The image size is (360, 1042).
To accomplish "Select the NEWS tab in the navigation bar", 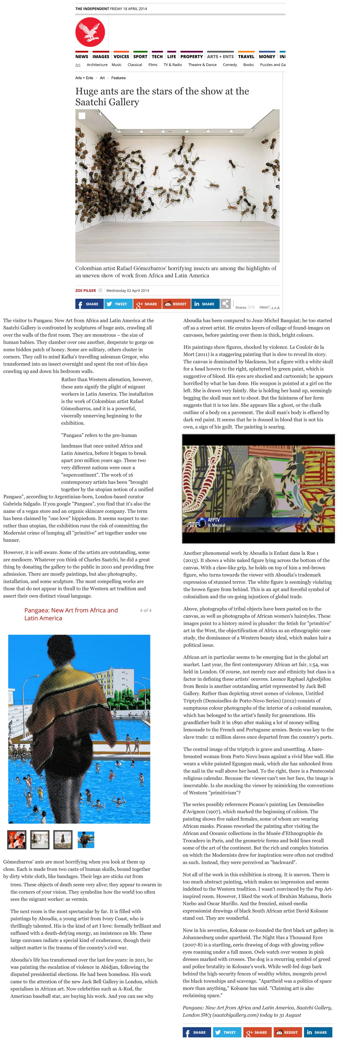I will [x=82, y=57].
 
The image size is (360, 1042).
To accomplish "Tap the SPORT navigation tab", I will [x=140, y=57].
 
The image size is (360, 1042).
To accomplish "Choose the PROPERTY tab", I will [x=191, y=57].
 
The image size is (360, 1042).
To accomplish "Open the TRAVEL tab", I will [x=246, y=57].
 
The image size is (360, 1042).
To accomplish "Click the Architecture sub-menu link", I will [x=97, y=65].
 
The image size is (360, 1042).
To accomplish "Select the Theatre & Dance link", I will [x=202, y=65].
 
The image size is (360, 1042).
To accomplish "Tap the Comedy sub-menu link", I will [x=230, y=65].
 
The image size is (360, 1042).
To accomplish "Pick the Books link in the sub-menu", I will [x=248, y=65].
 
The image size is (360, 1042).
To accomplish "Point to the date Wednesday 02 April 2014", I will [x=127, y=290].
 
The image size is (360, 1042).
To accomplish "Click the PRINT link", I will [x=264, y=307].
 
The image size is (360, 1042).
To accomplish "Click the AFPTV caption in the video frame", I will [x=214, y=520].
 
